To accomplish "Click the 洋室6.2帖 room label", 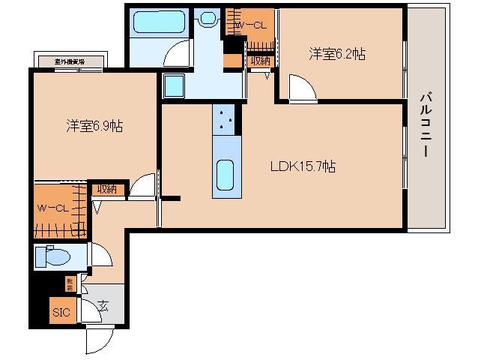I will click(337, 54).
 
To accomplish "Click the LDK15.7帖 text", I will click(303, 166).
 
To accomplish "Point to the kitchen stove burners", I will click(227, 118).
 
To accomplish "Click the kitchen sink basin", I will click(227, 175).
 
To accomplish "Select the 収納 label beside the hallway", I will click(106, 189).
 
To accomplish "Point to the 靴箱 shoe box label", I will click(69, 283).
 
